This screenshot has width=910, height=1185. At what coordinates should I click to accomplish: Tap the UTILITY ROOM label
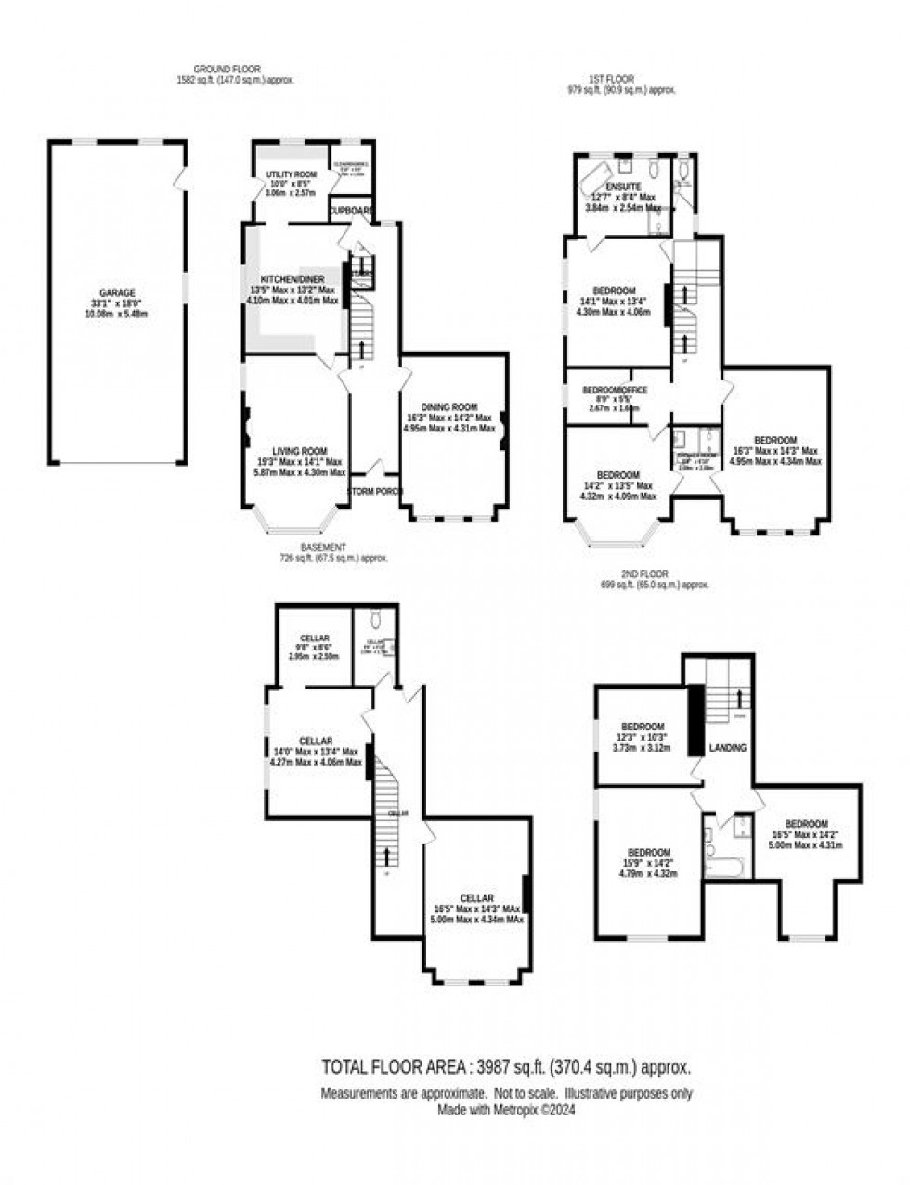pyautogui.click(x=291, y=174)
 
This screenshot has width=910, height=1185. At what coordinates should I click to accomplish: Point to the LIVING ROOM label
pyautogui.click(x=296, y=451)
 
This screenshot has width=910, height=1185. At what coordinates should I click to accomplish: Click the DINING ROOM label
pyautogui.click(x=449, y=406)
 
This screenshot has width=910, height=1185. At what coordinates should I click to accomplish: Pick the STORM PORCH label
pyautogui.click(x=376, y=491)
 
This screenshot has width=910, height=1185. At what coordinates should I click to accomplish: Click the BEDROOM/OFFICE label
pyautogui.click(x=614, y=390)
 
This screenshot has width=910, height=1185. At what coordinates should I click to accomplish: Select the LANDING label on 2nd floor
pyautogui.click(x=728, y=747)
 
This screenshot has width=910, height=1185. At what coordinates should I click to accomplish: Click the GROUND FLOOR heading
pyautogui.click(x=227, y=69)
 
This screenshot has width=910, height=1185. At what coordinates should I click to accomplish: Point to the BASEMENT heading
pyautogui.click(x=323, y=547)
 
